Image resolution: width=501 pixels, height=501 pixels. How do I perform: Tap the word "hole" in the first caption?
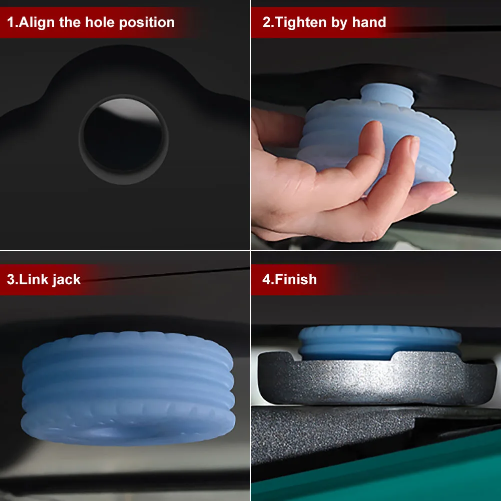tap(100, 23)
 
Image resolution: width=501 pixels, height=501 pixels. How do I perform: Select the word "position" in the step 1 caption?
tap(147, 23)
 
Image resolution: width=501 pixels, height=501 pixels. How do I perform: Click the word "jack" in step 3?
tap(67, 280)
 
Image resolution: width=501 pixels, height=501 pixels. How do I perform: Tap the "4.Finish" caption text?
tap(289, 279)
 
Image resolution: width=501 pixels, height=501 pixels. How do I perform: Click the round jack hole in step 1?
tap(123, 139)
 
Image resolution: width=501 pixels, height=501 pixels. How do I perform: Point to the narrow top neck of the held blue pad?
tap(387, 93)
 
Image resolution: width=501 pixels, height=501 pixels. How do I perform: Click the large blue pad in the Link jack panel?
tap(128, 388)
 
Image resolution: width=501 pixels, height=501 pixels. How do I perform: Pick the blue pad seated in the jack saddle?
tap(379, 342)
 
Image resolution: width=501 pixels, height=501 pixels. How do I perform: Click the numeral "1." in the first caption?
tap(12, 23)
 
